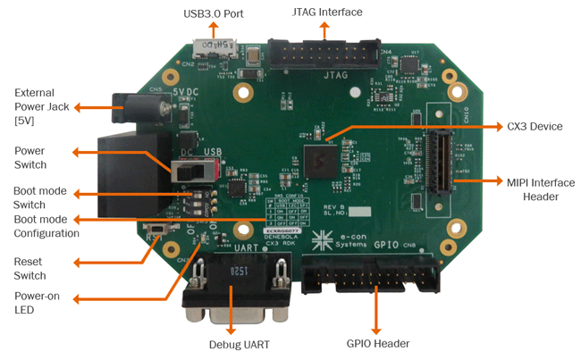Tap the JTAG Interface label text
[327, 13]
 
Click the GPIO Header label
[377, 343]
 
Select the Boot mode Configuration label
[46, 226]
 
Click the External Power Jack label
[35, 106]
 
